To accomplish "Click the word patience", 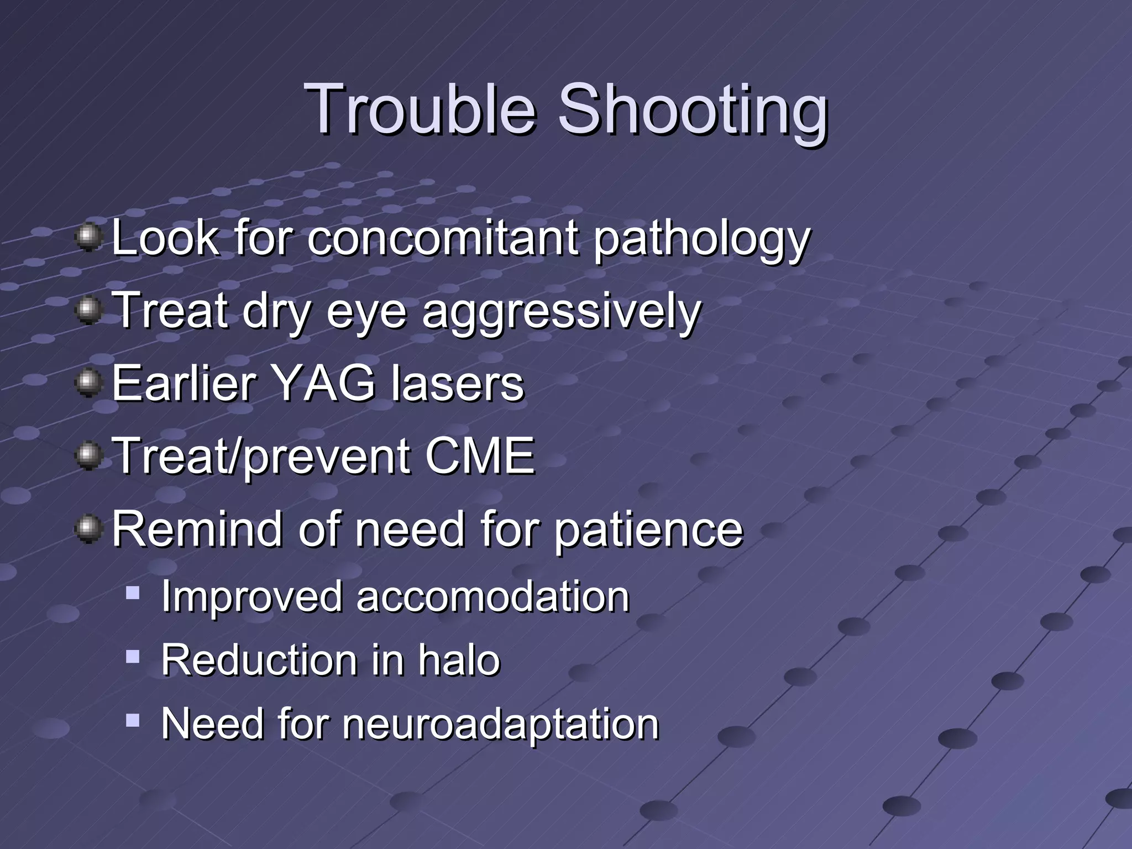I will pos(648,530).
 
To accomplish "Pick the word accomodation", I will pos(492,597).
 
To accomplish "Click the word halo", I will pos(459,660).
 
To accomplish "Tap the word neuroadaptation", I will pos(501,725).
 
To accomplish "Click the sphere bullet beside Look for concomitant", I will pos(88,237).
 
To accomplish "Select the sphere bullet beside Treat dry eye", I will pos(88,310).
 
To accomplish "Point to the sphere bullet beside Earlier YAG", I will pos(88,382).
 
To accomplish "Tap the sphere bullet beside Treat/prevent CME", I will pos(88,455).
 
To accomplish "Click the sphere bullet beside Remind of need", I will pos(88,529).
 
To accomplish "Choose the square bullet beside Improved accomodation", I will pos(133,594).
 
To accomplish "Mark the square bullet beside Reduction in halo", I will pos(133,657).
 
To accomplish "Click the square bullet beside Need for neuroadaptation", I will pos(133,720).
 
